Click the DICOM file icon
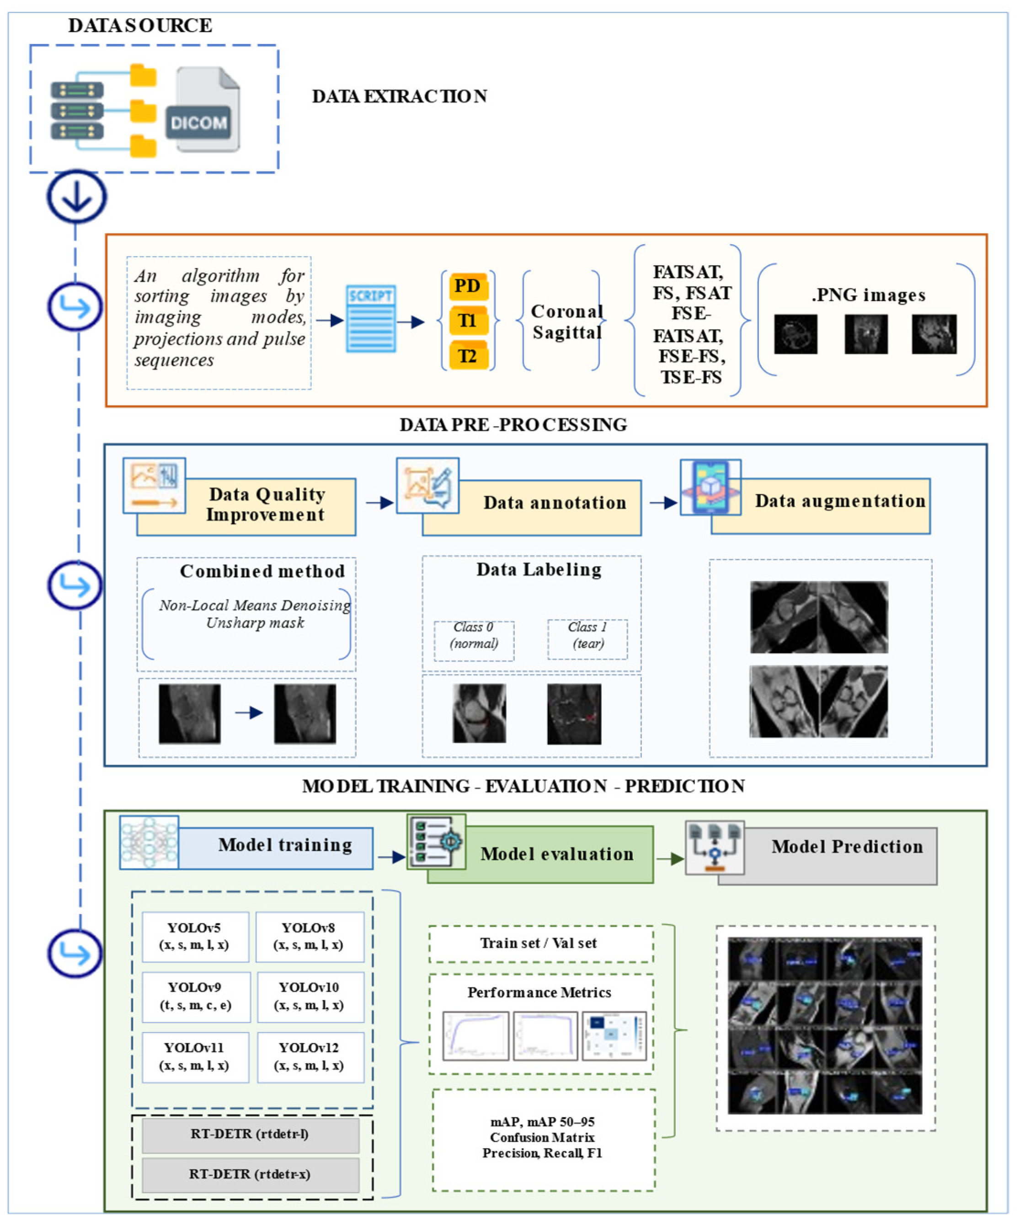(x=202, y=111)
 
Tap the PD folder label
(x=467, y=286)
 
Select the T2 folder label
(x=467, y=355)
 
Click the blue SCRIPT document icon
(x=370, y=318)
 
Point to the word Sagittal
(x=566, y=332)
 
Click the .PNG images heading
(x=868, y=295)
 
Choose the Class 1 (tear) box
(x=587, y=640)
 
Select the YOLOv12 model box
(x=310, y=1057)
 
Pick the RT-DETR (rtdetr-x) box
(x=250, y=1174)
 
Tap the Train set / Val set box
(x=540, y=943)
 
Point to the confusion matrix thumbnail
(x=614, y=1036)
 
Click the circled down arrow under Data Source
(x=76, y=196)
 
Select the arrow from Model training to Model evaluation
(x=391, y=857)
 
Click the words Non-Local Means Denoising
(x=255, y=605)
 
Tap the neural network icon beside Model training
(x=149, y=842)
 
